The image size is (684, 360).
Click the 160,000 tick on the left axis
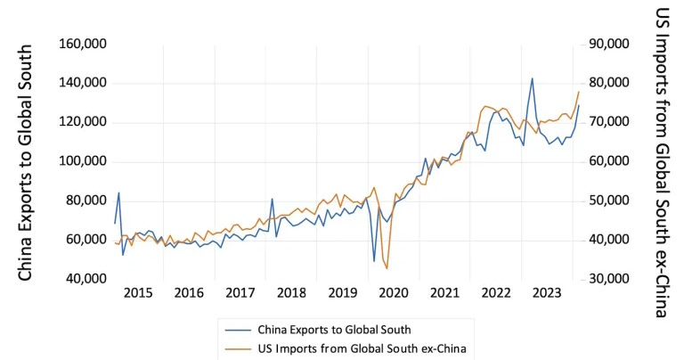84,45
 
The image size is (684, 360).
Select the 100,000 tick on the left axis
84,162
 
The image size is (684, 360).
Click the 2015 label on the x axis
139,292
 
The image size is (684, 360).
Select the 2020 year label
394,292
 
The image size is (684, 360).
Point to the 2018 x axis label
292,292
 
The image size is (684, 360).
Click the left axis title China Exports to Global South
26,161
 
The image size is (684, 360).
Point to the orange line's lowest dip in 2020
387,268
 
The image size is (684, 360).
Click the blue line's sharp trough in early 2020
374,261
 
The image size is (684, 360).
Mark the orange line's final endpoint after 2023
579,92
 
